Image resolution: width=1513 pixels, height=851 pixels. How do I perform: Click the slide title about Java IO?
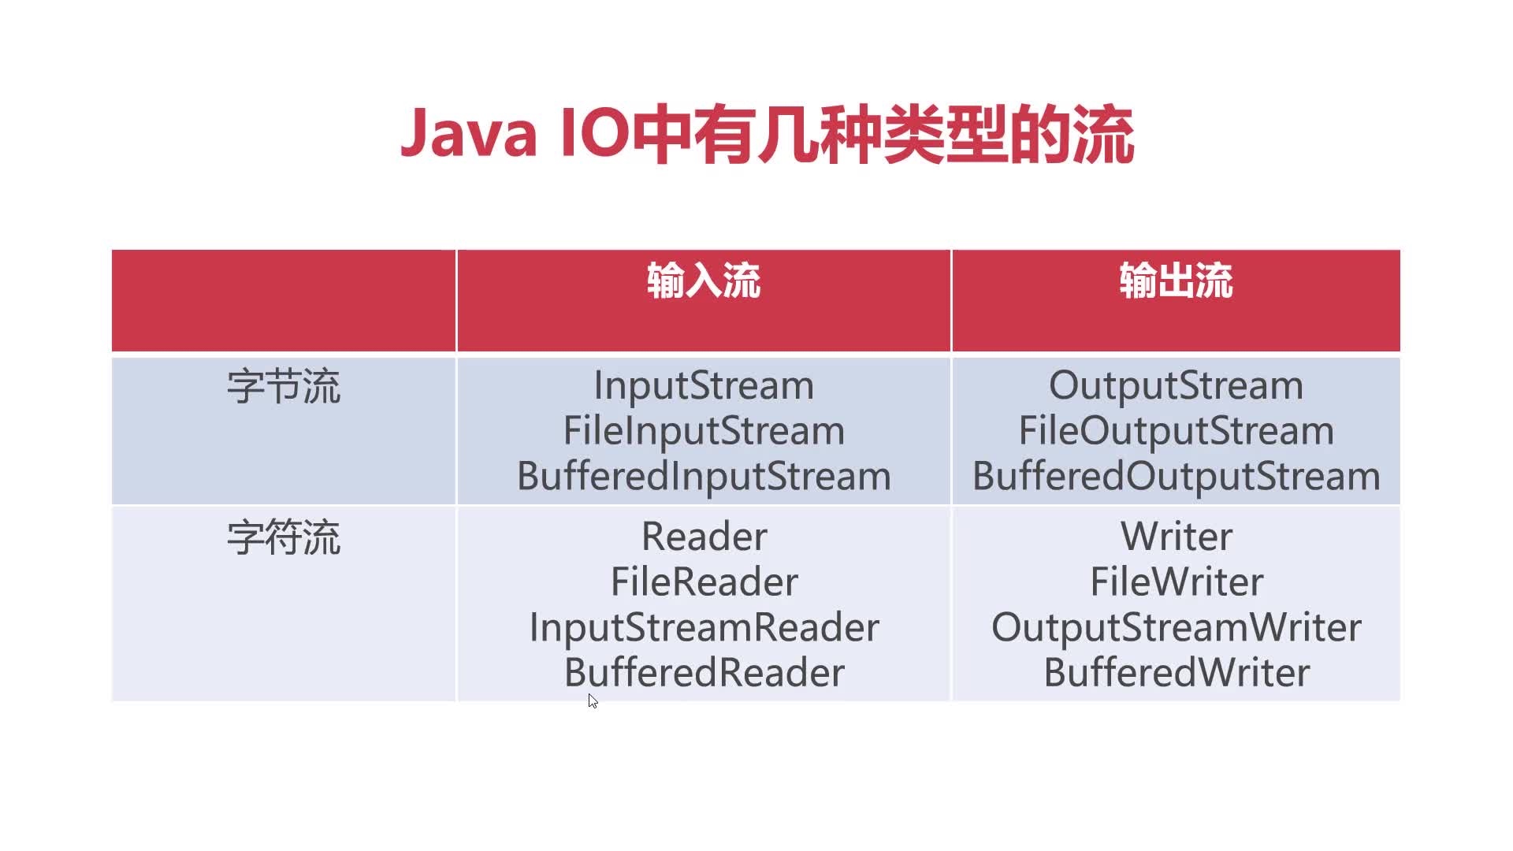(x=767, y=135)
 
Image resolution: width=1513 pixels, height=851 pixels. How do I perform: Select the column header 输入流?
(x=703, y=281)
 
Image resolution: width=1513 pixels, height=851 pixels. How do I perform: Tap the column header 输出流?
(x=1176, y=281)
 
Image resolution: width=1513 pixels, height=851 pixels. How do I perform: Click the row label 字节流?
(x=284, y=387)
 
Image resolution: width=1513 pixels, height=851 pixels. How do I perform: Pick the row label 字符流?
(x=284, y=538)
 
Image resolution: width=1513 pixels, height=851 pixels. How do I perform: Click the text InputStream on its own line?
(x=703, y=385)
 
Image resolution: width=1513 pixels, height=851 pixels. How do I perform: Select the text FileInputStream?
(x=703, y=431)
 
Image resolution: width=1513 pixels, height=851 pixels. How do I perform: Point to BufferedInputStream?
(x=703, y=477)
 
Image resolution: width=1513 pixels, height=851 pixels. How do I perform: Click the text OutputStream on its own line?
(x=1176, y=385)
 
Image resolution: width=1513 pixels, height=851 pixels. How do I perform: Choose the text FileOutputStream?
(x=1176, y=431)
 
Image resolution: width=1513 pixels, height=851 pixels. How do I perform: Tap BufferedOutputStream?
(x=1176, y=477)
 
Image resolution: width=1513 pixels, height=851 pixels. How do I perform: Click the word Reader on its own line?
(x=704, y=537)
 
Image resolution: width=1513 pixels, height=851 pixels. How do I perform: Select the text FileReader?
(x=704, y=582)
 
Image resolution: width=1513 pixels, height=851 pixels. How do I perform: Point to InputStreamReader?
(x=704, y=628)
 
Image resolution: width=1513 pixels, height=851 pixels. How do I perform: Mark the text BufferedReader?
(x=704, y=673)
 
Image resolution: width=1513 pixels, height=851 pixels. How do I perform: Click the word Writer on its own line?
(x=1177, y=537)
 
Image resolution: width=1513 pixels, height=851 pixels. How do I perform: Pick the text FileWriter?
(x=1177, y=582)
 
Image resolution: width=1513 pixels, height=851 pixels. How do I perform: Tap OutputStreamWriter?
(x=1176, y=628)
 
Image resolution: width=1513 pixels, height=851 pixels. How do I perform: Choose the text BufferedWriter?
(x=1177, y=673)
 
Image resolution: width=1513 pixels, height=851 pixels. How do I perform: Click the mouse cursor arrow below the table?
(x=593, y=700)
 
